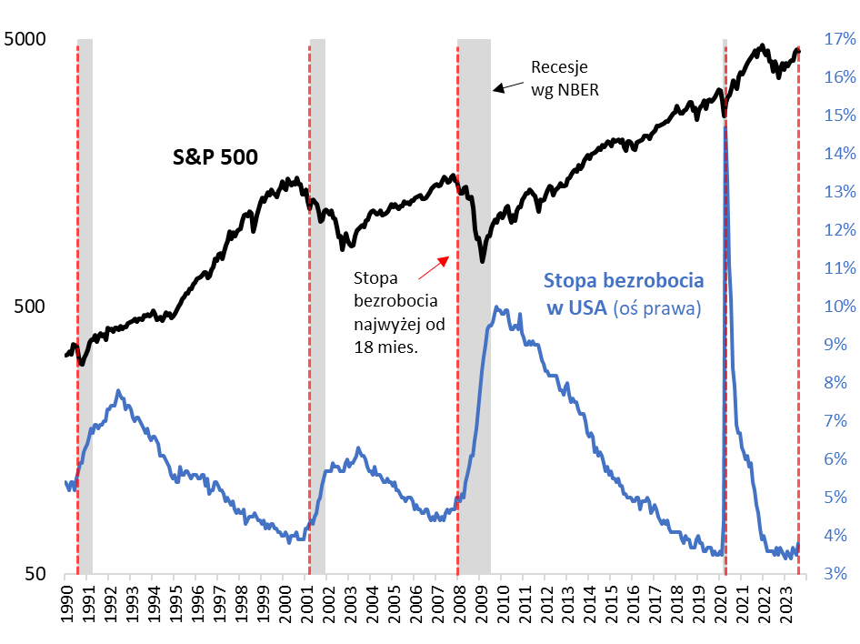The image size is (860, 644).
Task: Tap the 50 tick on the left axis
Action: point(36,574)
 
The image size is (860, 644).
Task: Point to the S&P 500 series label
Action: point(215,156)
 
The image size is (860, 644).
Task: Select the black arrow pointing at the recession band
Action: point(508,86)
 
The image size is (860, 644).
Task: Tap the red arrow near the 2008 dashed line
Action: point(434,267)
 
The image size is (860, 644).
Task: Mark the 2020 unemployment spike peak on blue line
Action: point(725,128)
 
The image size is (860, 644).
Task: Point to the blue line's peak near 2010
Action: point(495,307)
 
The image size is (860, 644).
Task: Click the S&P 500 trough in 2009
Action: point(483,262)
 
